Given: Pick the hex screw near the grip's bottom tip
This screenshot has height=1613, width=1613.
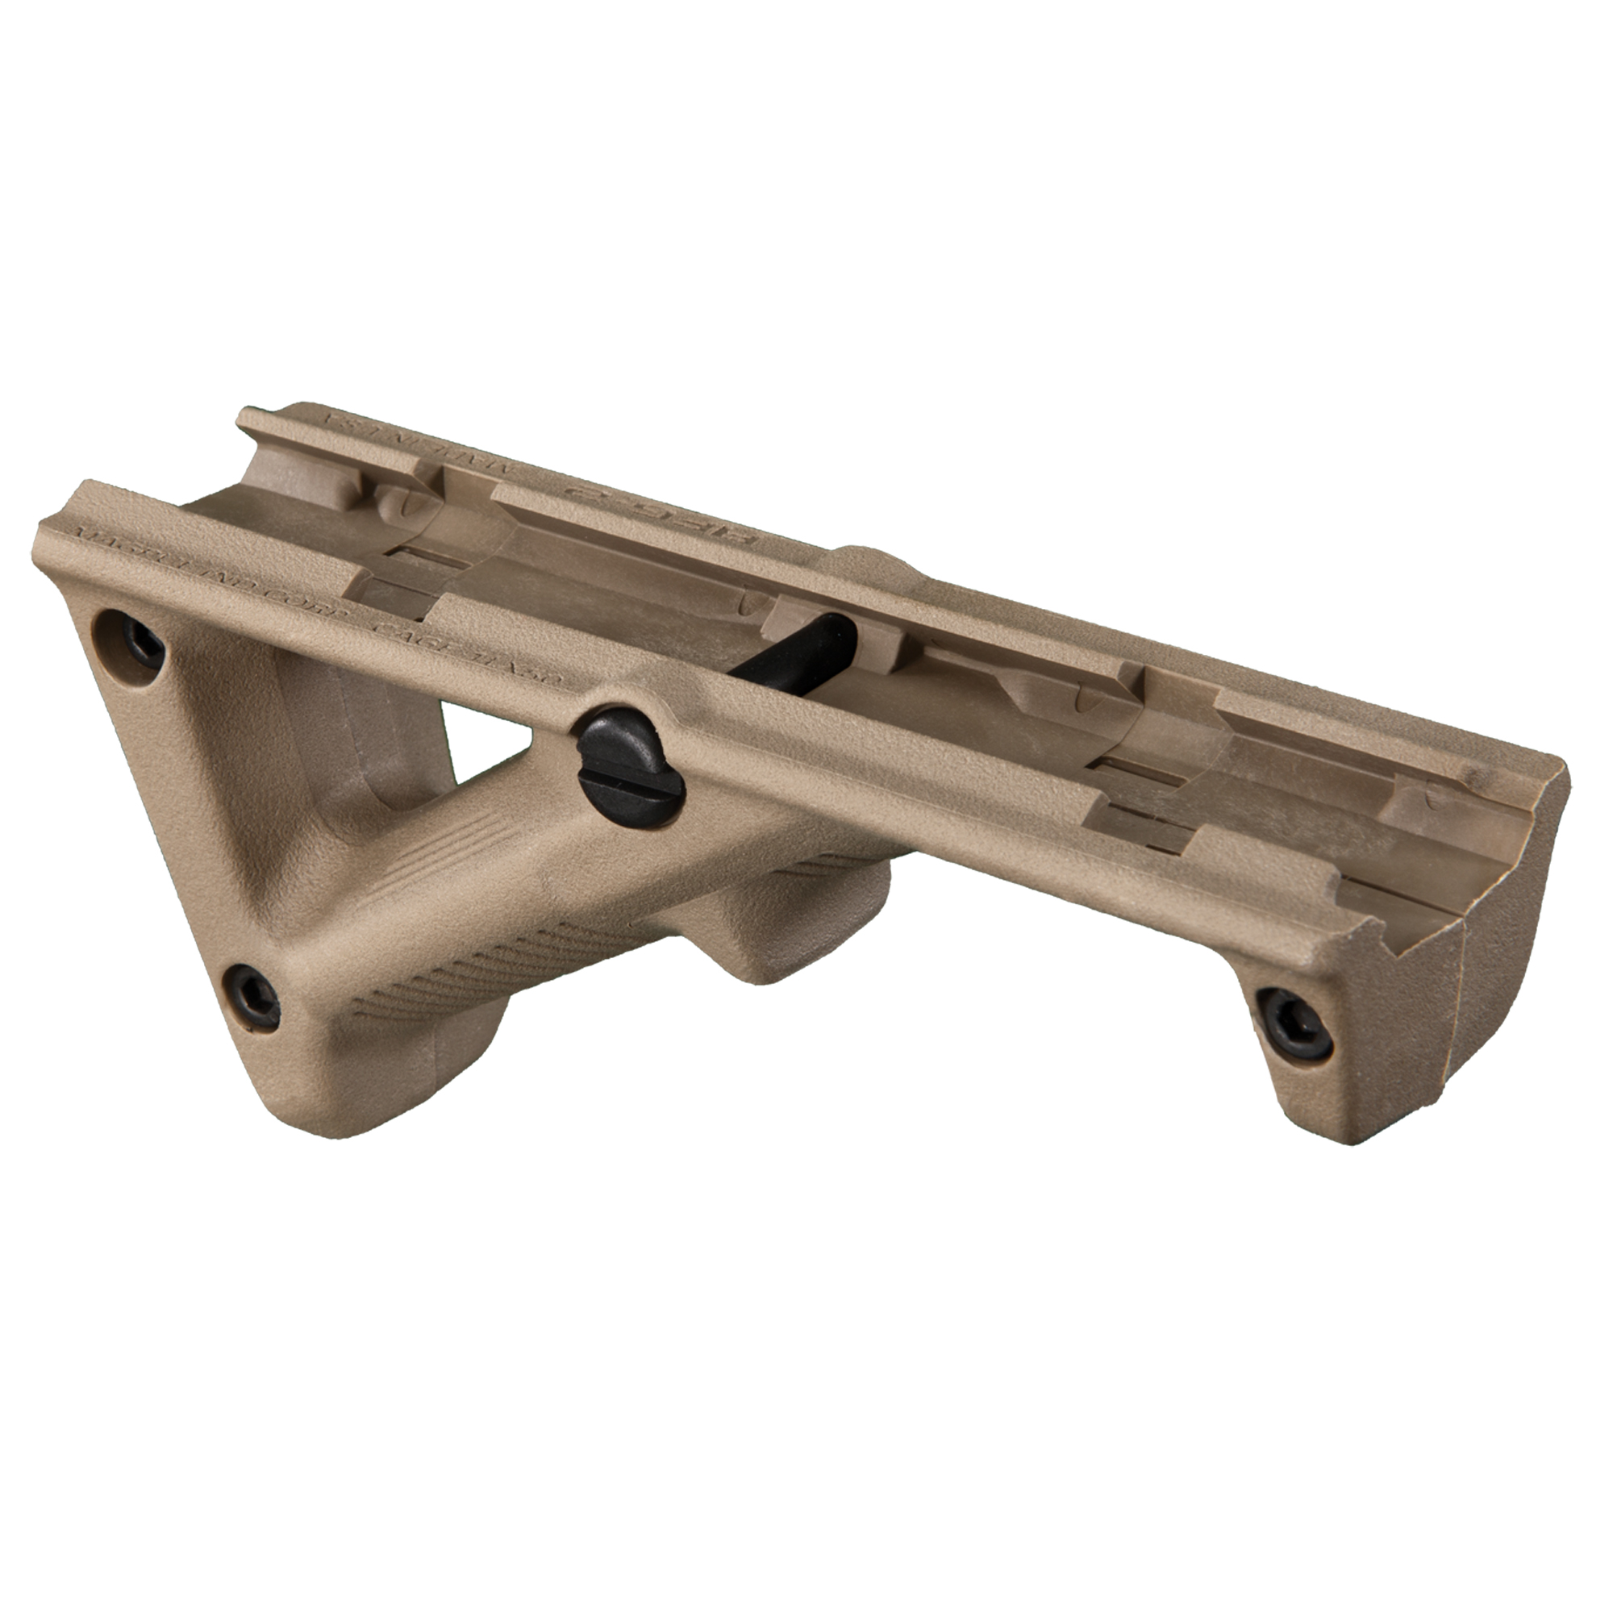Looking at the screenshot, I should [252, 995].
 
